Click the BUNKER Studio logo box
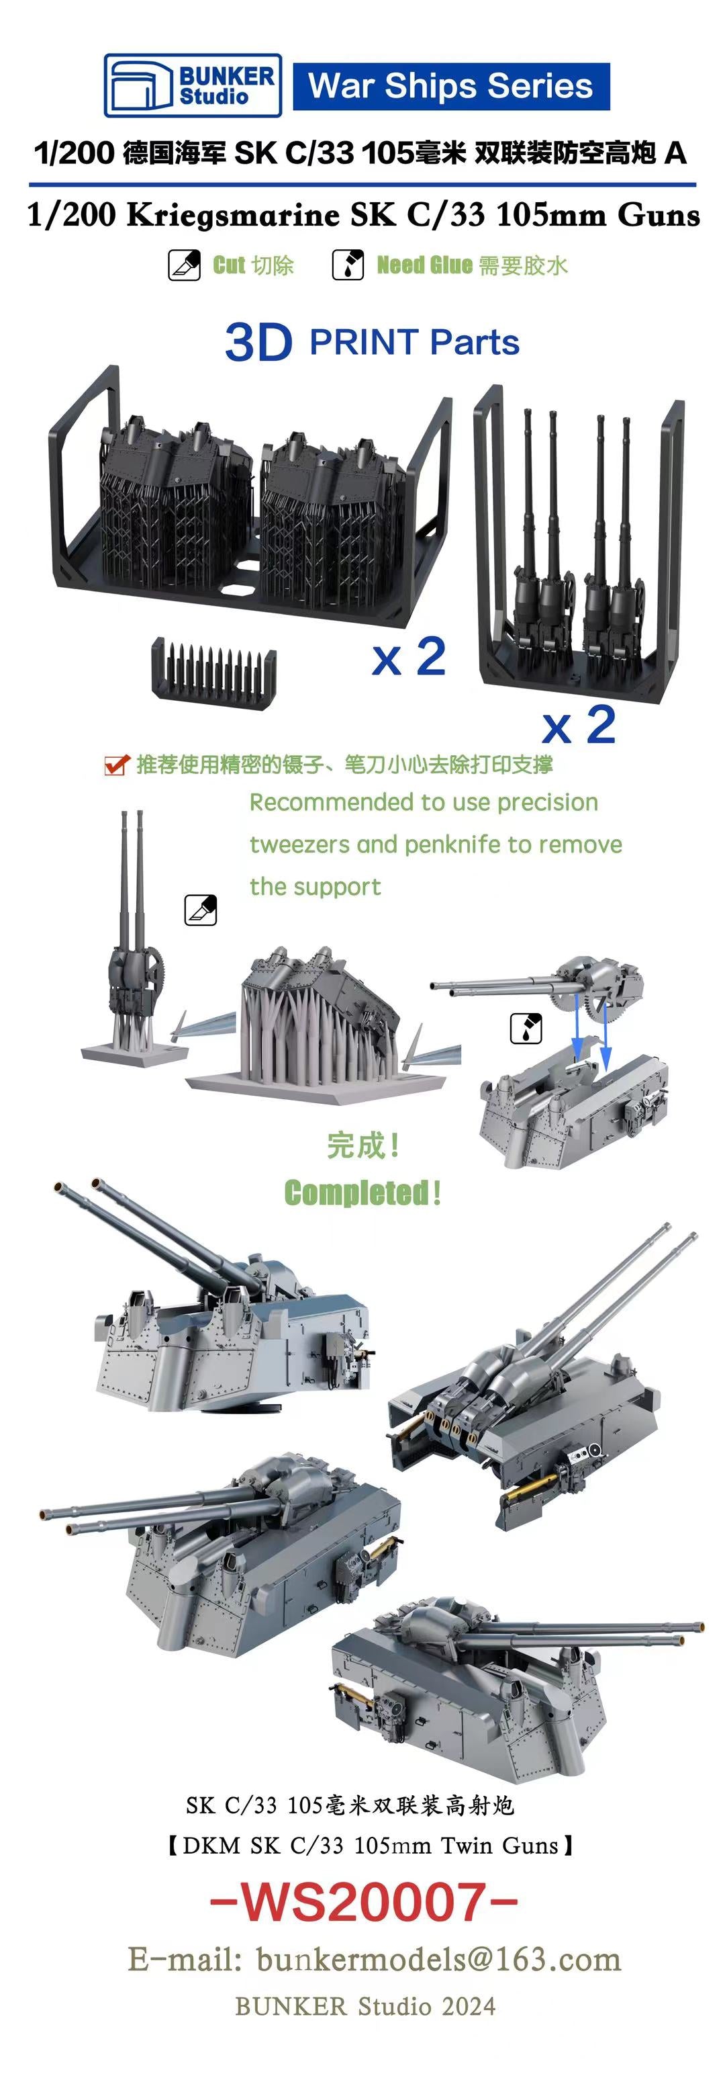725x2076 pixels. (x=193, y=85)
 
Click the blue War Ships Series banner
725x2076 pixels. (x=450, y=85)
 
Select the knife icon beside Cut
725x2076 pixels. (x=184, y=265)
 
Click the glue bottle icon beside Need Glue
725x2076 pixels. (x=348, y=265)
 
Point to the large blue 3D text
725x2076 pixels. (x=258, y=343)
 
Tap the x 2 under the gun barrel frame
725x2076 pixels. (x=579, y=726)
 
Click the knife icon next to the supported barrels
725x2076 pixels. (x=201, y=910)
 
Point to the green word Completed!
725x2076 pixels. (x=362, y=1192)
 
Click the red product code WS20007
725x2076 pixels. (x=363, y=1902)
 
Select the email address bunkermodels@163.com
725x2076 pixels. (x=439, y=1960)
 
